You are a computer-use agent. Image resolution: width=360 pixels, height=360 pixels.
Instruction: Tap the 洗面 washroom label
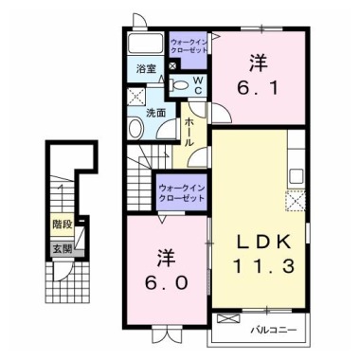[x=155, y=112]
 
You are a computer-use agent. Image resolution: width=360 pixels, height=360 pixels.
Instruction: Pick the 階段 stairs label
[x=62, y=225]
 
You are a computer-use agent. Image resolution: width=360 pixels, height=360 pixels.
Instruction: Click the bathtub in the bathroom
[x=146, y=46]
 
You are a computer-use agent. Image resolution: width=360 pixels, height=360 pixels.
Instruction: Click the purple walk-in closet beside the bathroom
[x=189, y=47]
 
